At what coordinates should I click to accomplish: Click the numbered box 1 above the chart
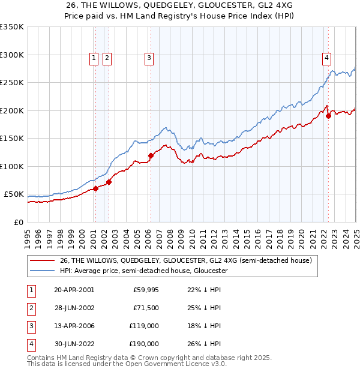coord(94,58)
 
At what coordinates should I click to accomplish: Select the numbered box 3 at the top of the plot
coord(148,58)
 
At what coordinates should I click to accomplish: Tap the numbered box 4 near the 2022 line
coord(326,58)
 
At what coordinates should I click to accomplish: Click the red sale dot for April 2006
coord(151,156)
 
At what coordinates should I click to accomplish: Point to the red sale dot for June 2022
coord(328,116)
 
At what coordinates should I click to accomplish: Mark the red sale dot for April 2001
coord(95,188)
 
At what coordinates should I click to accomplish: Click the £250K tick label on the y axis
coord(12,83)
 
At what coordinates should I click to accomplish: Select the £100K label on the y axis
coord(12,166)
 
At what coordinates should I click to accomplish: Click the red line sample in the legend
coord(42,261)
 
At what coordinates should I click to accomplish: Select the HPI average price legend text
coord(144,271)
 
